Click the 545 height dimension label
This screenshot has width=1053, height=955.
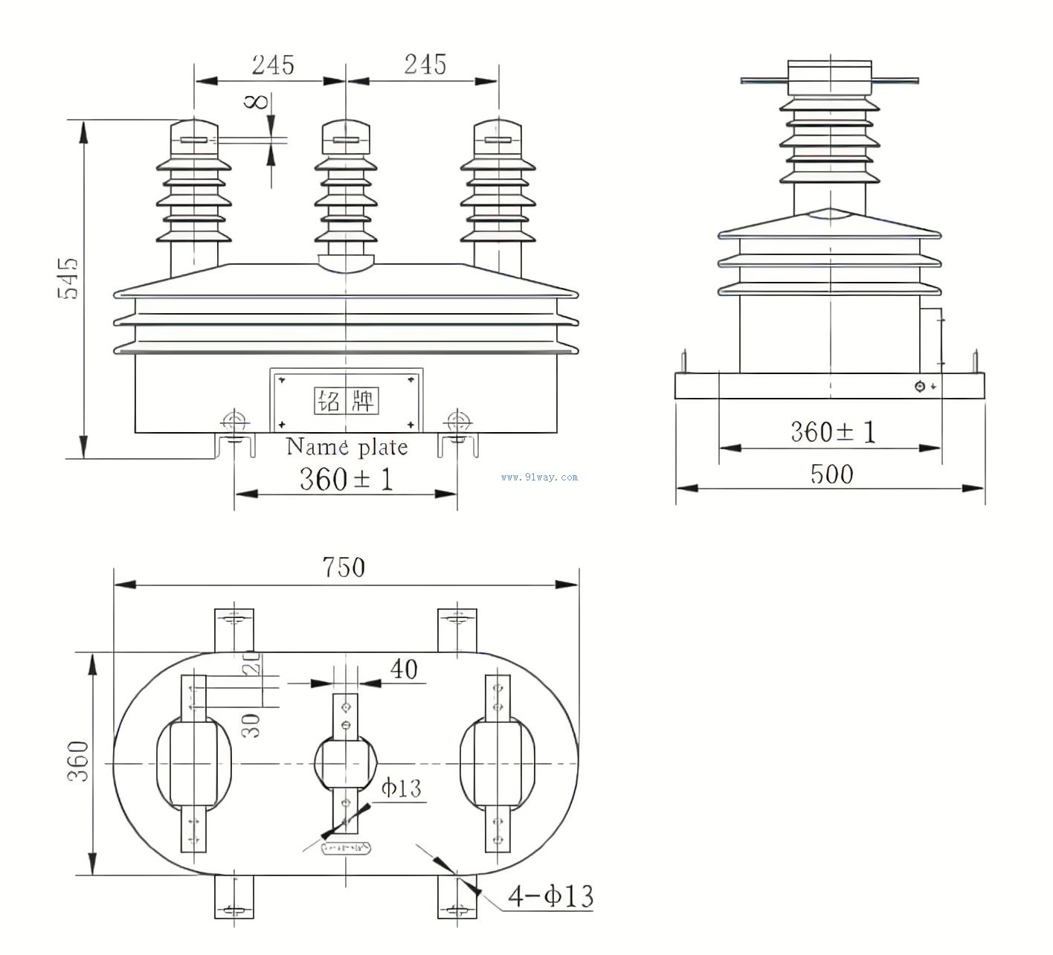68,278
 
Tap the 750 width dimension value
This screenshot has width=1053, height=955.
344,567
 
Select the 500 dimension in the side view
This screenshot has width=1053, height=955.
831,474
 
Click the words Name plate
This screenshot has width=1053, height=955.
347,446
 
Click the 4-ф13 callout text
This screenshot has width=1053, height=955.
550,895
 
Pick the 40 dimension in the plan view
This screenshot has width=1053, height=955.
404,669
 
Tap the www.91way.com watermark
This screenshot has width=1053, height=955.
539,477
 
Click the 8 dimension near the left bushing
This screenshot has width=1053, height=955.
257,100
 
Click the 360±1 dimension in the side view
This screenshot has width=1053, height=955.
833,431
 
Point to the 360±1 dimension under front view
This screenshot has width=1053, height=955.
346,478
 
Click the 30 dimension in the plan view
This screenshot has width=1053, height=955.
253,724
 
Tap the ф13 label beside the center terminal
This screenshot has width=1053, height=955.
401,788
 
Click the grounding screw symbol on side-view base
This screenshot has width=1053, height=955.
920,387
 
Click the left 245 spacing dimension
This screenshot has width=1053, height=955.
272,65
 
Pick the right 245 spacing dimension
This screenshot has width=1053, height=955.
425,65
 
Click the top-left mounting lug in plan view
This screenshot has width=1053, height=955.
234,628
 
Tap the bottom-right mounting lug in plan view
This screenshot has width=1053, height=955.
457,898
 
